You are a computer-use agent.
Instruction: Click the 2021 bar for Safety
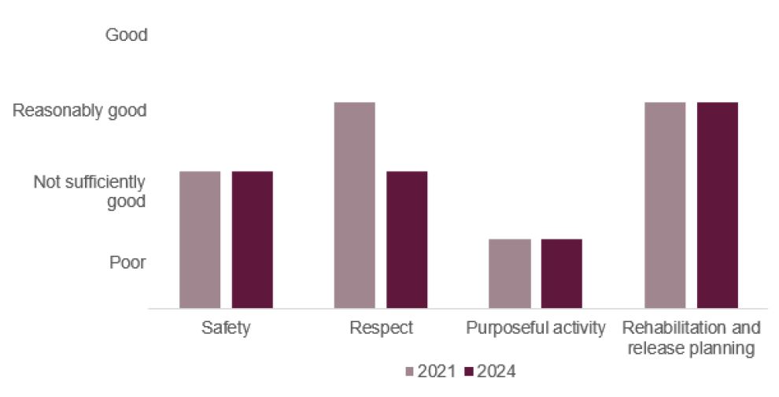[x=200, y=239]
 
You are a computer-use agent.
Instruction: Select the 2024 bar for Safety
[x=252, y=239]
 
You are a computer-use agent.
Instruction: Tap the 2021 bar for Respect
[x=354, y=205]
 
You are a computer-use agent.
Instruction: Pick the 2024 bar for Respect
[x=407, y=239]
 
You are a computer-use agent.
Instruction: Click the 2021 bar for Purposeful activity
[x=509, y=273]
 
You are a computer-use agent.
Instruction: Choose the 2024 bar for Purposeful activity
[x=561, y=273]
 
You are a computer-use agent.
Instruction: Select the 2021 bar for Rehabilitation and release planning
[x=664, y=205]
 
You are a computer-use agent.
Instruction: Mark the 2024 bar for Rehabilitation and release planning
[x=717, y=205]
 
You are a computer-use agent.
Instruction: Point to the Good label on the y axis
[x=127, y=35]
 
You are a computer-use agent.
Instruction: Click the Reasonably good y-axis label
[x=79, y=111]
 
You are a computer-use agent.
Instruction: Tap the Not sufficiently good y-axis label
[x=90, y=192]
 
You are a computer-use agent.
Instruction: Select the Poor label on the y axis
[x=127, y=262]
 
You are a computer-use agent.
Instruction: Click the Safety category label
[x=226, y=328]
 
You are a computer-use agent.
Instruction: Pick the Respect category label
[x=381, y=328]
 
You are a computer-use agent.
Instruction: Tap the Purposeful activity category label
[x=535, y=328]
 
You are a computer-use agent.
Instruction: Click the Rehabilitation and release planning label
[x=691, y=337]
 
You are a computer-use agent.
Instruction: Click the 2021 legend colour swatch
[x=409, y=371]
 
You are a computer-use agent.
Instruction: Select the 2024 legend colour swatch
[x=470, y=371]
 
